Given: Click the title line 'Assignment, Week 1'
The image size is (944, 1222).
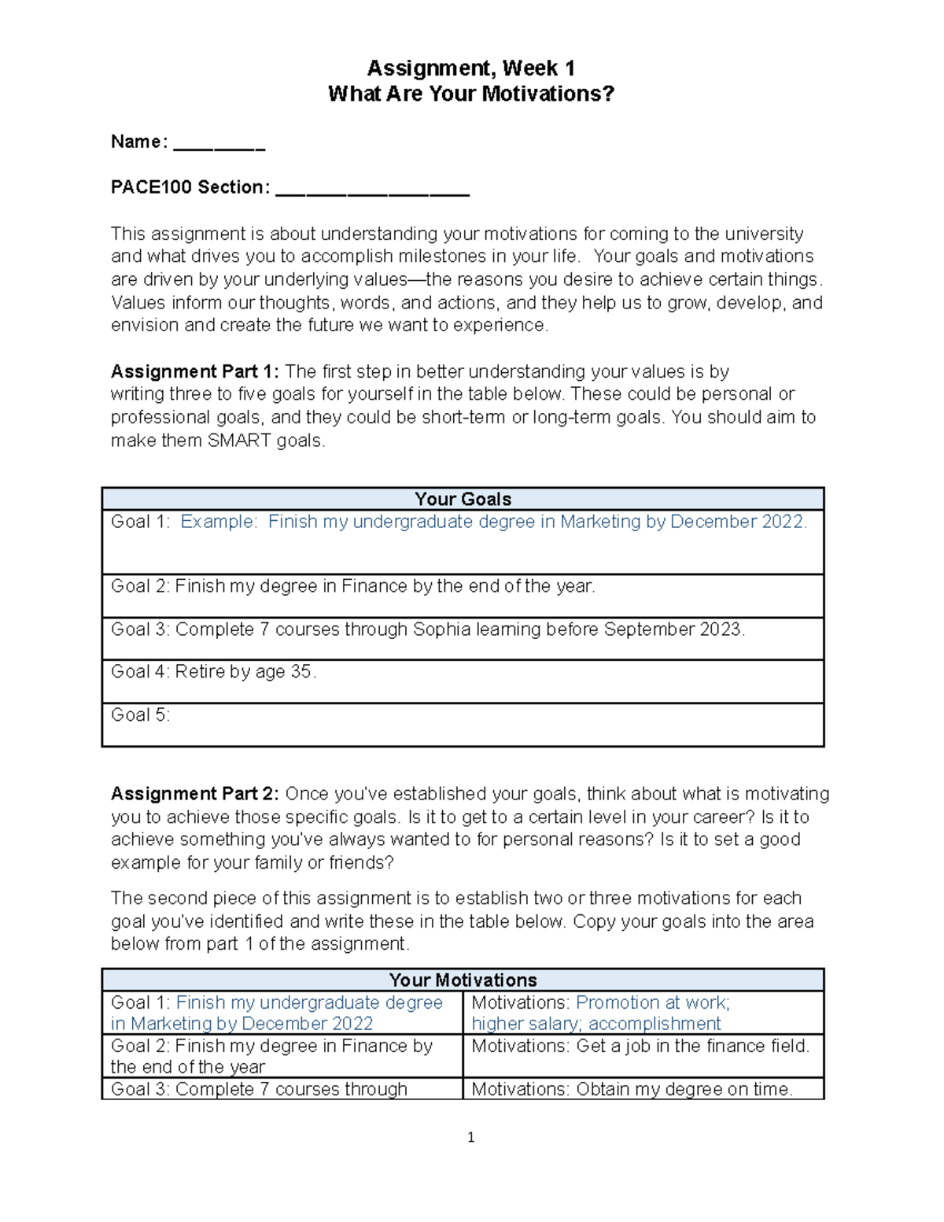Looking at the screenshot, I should [x=470, y=68].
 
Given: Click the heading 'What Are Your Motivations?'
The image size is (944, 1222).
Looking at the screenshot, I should [x=470, y=94].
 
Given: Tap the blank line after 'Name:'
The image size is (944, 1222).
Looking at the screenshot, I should [x=219, y=146].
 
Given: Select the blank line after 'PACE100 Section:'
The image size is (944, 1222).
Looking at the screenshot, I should [x=372, y=190].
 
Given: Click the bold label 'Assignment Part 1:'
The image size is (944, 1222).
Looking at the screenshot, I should [x=194, y=371].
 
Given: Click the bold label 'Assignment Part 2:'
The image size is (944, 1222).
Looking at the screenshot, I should [x=194, y=793].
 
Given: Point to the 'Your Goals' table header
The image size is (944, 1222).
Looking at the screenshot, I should [x=463, y=499].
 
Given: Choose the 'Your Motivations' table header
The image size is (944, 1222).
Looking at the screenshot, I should [x=463, y=980].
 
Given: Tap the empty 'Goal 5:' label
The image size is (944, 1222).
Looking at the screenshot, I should [x=140, y=714].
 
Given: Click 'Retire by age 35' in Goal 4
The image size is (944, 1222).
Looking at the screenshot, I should [x=244, y=672].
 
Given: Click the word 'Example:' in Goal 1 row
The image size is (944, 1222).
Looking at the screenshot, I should [x=219, y=522].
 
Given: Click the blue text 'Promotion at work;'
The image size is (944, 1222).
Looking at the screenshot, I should [x=653, y=1002].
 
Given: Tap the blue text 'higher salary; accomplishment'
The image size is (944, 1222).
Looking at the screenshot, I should [x=596, y=1024].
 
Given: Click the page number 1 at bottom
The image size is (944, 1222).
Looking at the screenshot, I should [x=470, y=1138].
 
